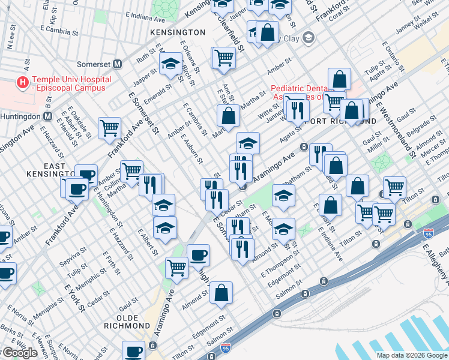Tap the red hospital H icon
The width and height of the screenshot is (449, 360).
23,83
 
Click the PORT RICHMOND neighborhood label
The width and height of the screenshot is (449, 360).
342,121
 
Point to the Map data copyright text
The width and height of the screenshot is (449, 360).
412,355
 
